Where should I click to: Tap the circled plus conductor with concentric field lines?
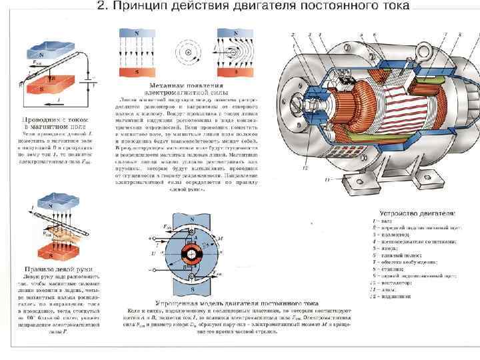pyautogui.click(x=188, y=53)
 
